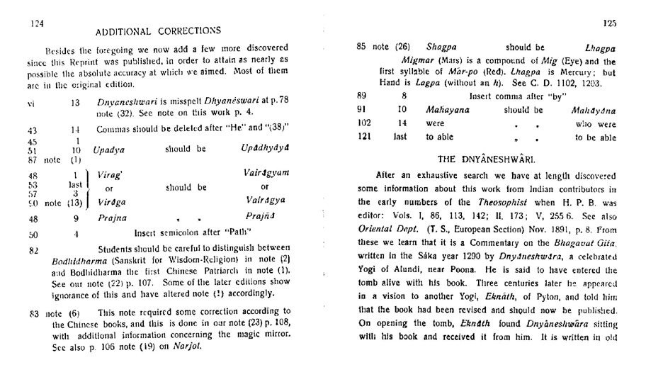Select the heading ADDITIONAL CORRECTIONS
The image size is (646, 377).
(x=158, y=31)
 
